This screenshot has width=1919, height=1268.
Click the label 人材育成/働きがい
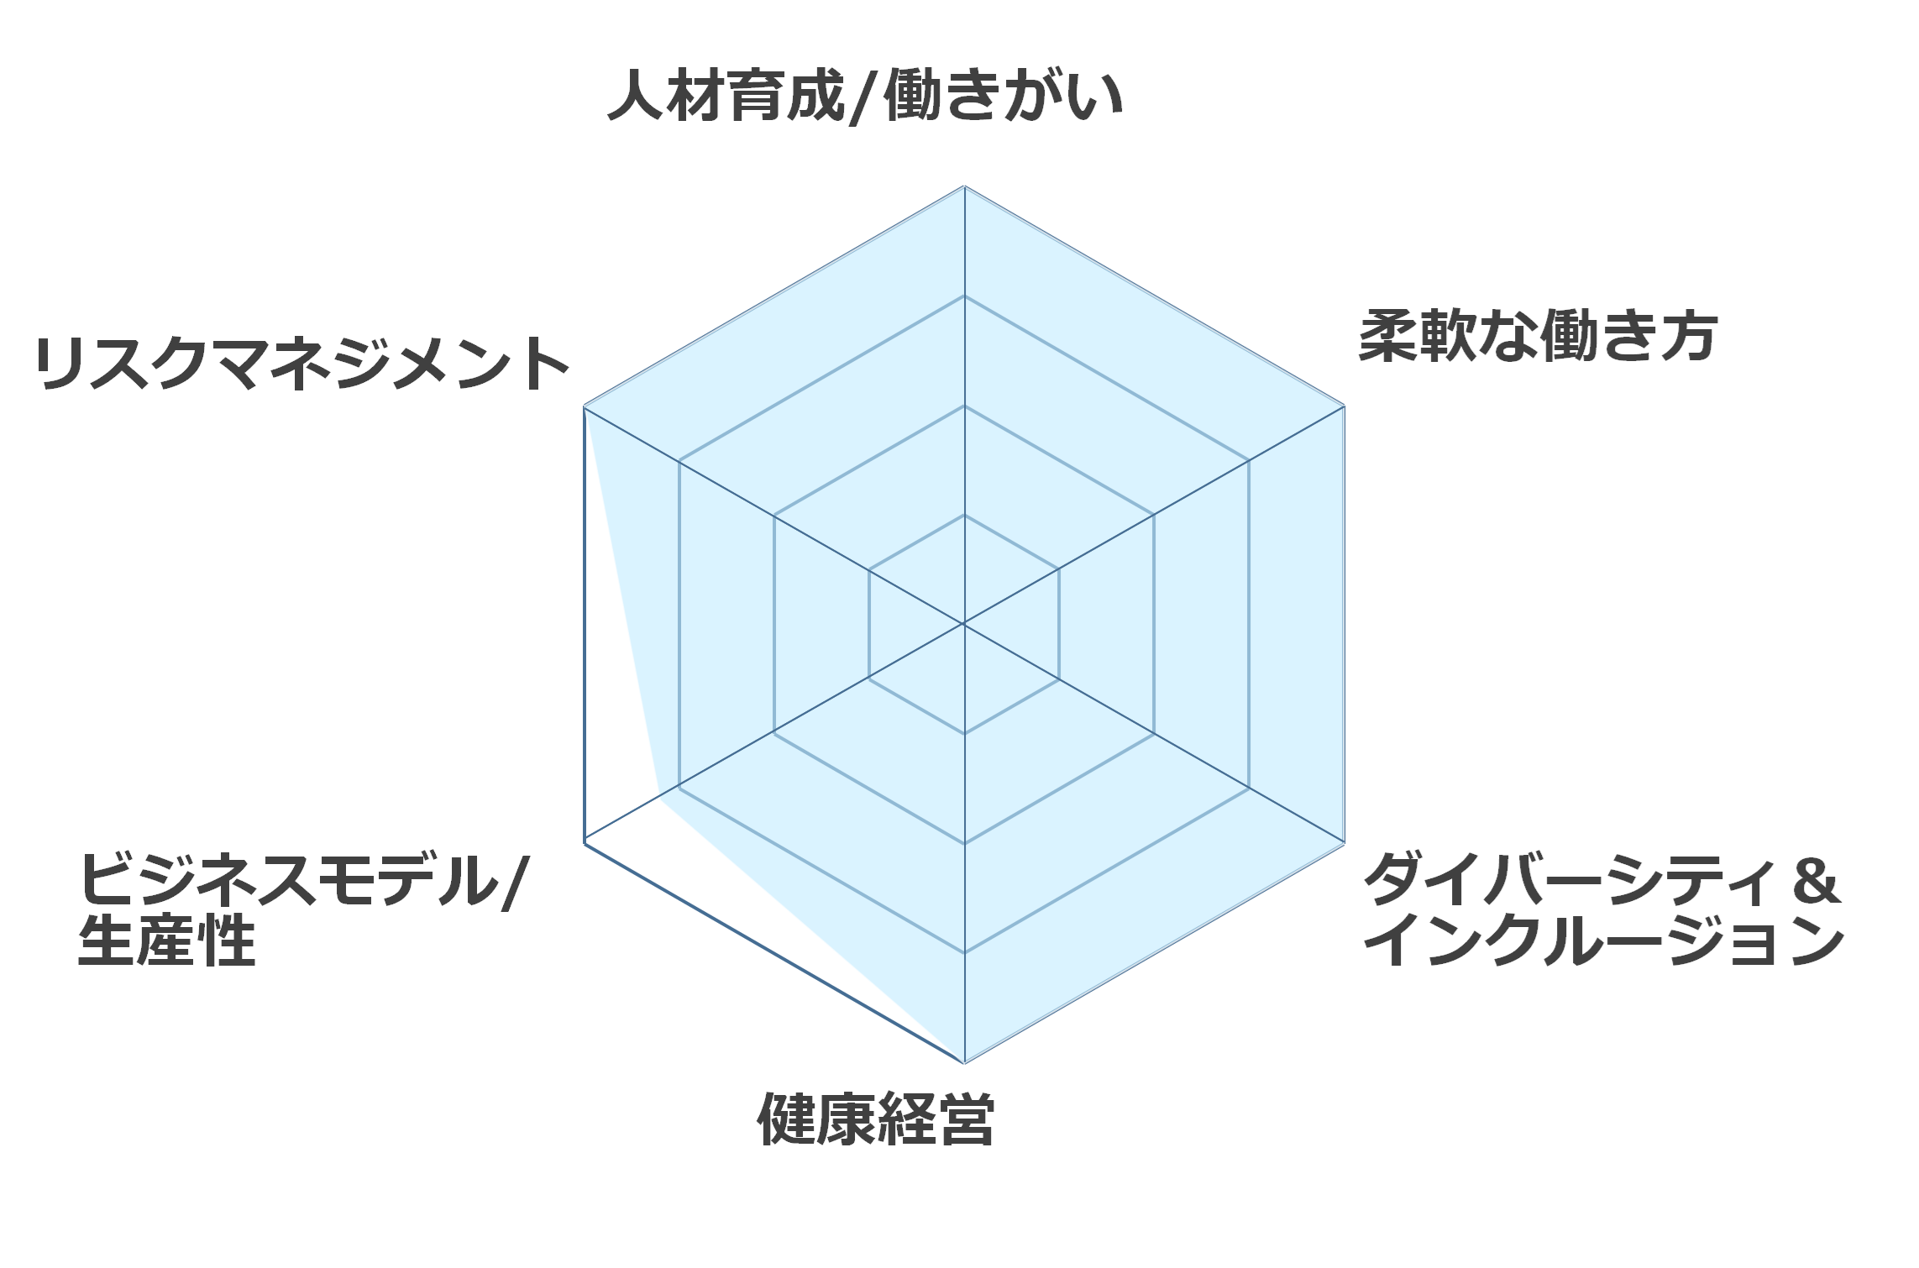coord(865,96)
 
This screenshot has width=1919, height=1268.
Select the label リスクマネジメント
coord(302,364)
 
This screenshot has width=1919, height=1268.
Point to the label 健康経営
coord(876,1119)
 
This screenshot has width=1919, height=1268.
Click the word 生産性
coord(167,941)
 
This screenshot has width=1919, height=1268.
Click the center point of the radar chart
coord(964,624)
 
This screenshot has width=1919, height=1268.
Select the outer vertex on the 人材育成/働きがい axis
coord(964,186)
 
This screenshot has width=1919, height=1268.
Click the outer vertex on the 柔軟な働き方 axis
coord(1345,406)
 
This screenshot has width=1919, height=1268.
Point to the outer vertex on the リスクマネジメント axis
coord(584,406)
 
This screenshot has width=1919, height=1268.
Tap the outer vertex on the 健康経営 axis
coord(964,1062)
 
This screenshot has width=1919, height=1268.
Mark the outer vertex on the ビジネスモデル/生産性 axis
coord(584,842)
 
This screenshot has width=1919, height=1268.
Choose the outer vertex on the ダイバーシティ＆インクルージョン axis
coord(1345,842)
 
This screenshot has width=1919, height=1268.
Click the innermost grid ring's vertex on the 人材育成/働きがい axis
coord(964,515)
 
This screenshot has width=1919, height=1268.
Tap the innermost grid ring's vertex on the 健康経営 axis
coord(964,733)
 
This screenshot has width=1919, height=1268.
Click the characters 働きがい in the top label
coord(1004,96)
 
